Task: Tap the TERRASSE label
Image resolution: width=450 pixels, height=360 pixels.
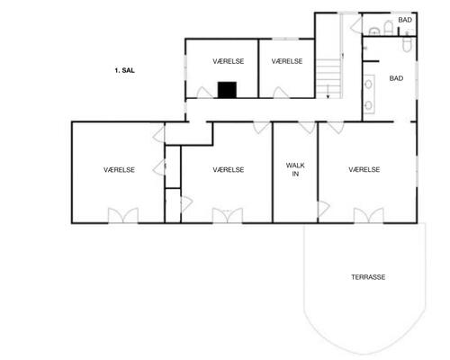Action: [368, 277]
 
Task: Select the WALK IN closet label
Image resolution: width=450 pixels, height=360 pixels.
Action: [293, 169]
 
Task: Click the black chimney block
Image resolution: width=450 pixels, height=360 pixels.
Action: [227, 89]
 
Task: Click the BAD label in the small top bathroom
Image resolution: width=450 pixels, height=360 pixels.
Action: [405, 20]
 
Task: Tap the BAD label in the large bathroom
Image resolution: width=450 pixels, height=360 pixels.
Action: [396, 78]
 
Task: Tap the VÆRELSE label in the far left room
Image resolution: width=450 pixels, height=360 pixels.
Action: [120, 169]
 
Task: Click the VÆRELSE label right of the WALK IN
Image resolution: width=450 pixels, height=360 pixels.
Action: [364, 169]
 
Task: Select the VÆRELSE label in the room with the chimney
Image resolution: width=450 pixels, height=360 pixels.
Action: [229, 61]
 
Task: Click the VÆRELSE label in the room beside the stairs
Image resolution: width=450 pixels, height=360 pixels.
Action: [286, 61]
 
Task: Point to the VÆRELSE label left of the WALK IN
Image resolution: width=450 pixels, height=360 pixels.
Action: [229, 169]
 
